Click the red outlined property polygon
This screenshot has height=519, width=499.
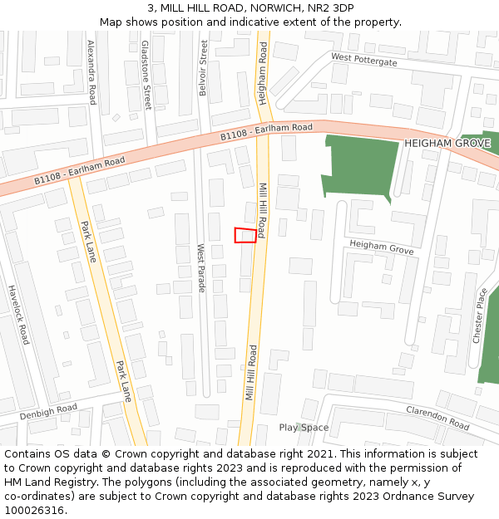(245, 235)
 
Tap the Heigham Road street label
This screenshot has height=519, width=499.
(263, 73)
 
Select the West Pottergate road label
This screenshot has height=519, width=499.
(363, 60)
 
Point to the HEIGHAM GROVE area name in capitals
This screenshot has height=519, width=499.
(447, 144)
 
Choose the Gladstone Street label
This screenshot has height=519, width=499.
(146, 75)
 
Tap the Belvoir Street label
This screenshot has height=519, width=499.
(204, 68)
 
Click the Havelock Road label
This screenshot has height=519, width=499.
(19, 315)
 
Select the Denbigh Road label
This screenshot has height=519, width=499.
(48, 411)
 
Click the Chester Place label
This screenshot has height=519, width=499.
(479, 316)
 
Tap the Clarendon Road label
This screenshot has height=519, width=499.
(437, 417)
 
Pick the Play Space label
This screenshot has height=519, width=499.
(304, 428)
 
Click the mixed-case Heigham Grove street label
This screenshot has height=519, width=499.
(381, 247)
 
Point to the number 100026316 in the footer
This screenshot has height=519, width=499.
(34, 511)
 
